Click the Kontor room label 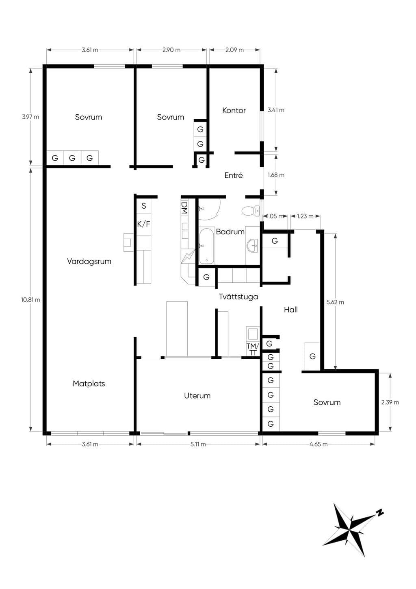(234, 111)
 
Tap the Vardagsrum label (89, 262)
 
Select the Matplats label (89, 384)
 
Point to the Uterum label (197, 396)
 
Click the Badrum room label (230, 232)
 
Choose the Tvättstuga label (238, 297)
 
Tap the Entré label (234, 175)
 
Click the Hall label (291, 310)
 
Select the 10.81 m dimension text (31, 300)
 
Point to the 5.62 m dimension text (335, 302)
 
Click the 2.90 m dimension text (171, 50)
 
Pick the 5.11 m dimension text (198, 444)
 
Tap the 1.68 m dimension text (276, 175)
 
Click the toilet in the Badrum (251, 211)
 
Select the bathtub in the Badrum (207, 246)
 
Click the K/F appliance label (144, 224)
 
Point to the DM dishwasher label (184, 207)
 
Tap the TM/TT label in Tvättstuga (253, 349)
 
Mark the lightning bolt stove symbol (188, 256)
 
